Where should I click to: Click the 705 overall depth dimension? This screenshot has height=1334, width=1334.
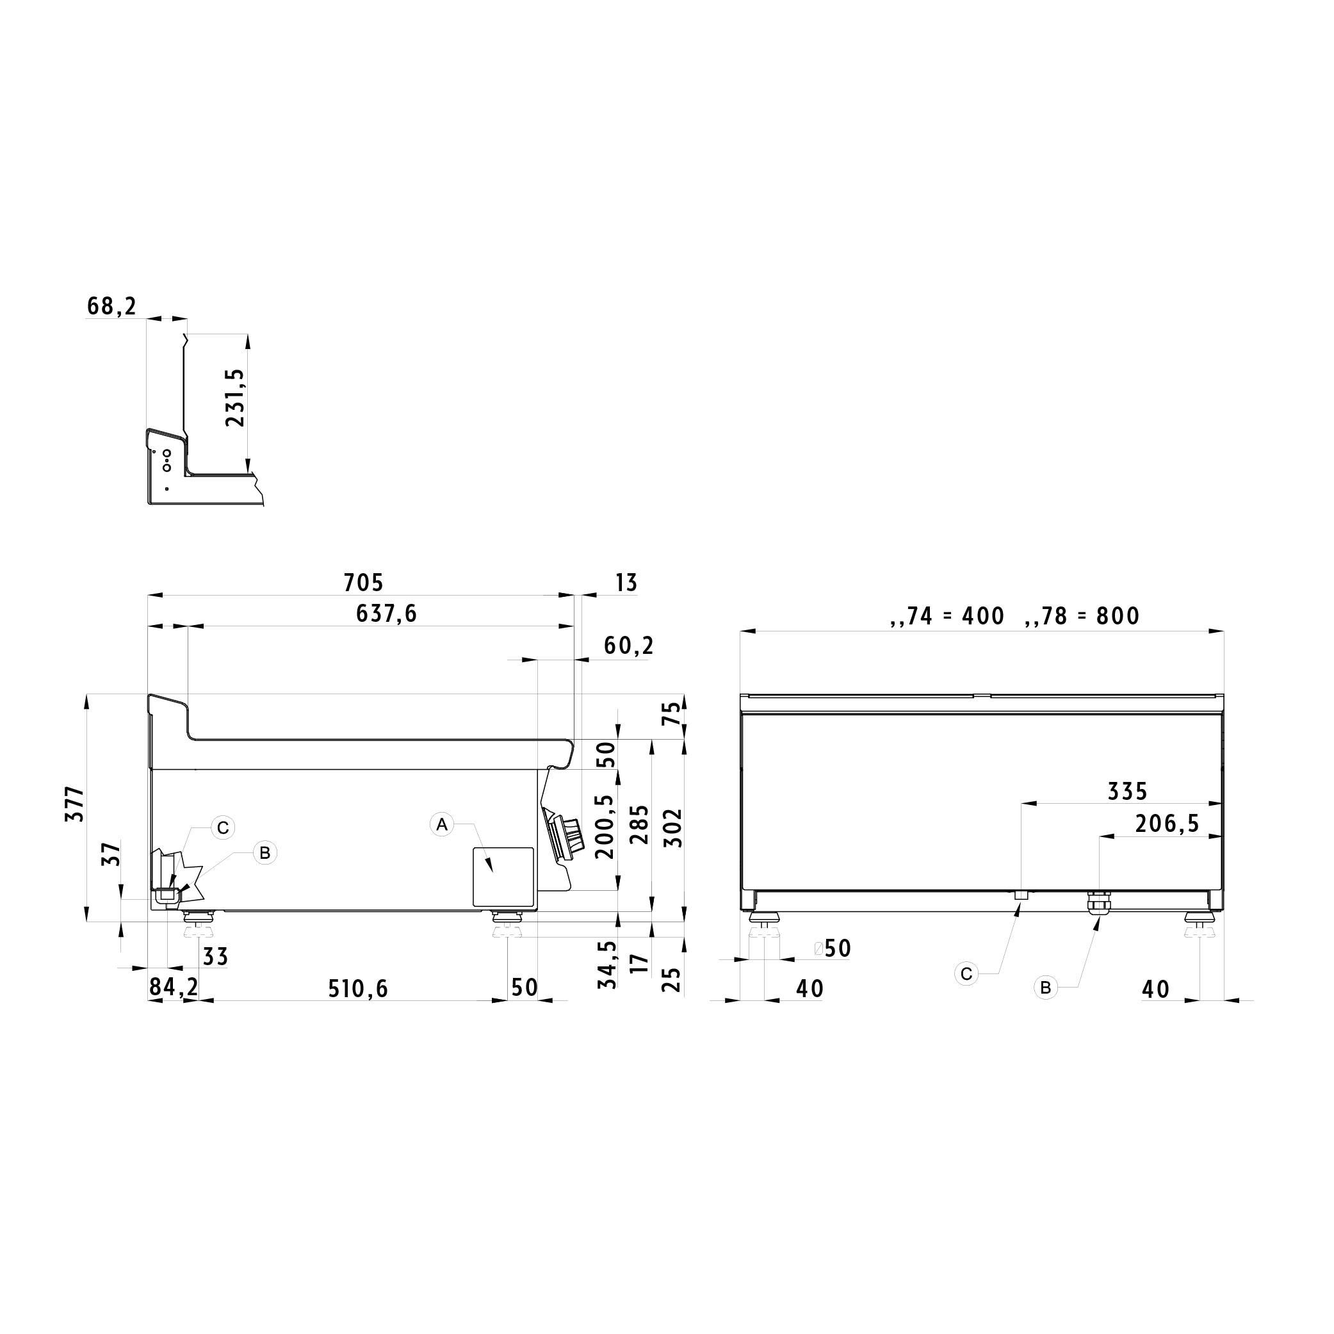click(x=363, y=583)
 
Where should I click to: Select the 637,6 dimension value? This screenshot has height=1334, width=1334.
click(x=387, y=614)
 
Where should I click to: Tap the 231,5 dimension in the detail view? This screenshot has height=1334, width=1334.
click(x=236, y=398)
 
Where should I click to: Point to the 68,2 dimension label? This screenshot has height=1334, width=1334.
click(x=112, y=306)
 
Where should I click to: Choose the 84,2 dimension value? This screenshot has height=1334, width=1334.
click(x=174, y=988)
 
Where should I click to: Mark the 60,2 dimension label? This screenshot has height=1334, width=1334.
click(x=628, y=646)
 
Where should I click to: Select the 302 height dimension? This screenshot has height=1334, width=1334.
click(x=672, y=828)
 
